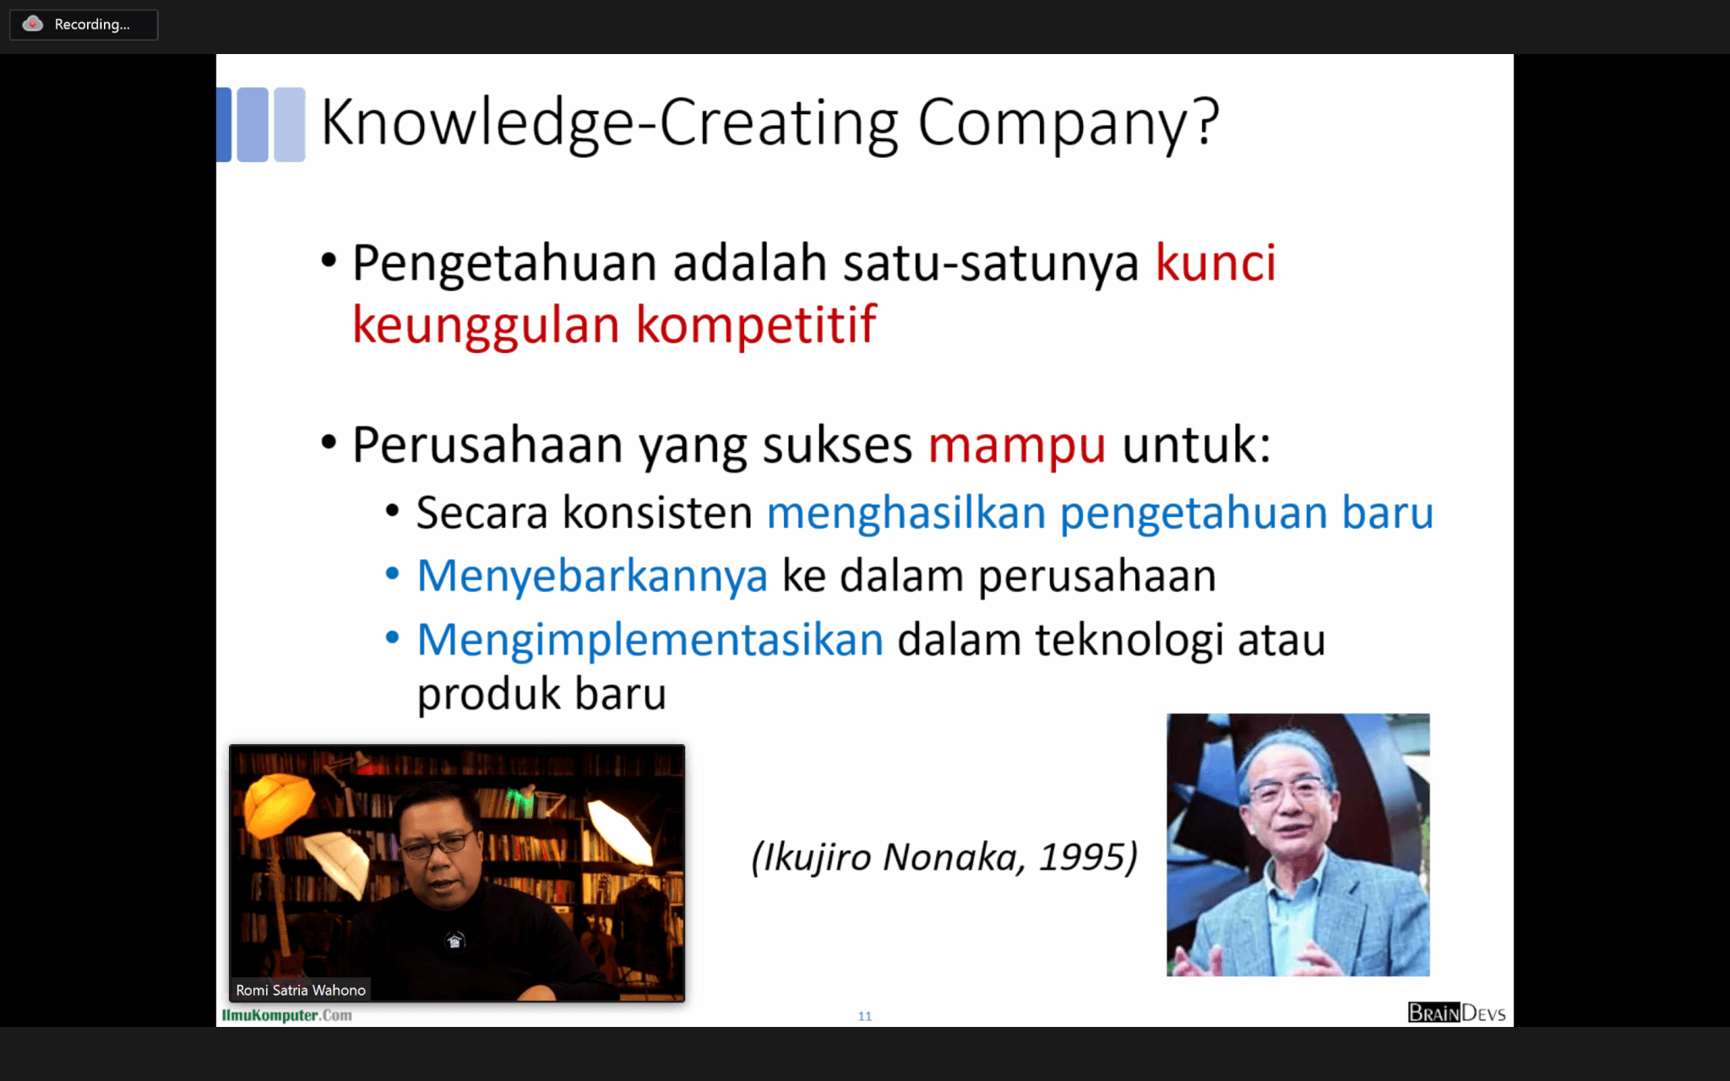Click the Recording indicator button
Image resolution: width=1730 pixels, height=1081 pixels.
tap(84, 24)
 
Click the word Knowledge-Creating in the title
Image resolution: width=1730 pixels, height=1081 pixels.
tap(609, 124)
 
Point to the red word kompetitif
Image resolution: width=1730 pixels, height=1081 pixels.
tap(756, 325)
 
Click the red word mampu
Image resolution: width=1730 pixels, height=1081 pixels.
tap(1017, 446)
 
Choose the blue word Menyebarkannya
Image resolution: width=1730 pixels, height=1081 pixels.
tap(592, 577)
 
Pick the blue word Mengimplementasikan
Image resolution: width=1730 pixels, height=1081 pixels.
tap(650, 640)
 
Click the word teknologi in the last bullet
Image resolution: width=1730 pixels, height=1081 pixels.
tap(1129, 640)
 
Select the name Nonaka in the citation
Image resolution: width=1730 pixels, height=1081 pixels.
tap(954, 857)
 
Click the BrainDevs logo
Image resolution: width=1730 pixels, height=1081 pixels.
tap(1456, 1013)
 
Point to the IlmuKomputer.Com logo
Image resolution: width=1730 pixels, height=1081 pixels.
tap(286, 1015)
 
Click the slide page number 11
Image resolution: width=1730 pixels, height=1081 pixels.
tap(864, 1016)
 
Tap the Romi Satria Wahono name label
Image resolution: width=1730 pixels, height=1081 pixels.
tap(301, 990)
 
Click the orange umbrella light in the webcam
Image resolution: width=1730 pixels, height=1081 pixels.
tap(278, 802)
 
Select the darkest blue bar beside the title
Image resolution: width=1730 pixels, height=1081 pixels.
tap(224, 124)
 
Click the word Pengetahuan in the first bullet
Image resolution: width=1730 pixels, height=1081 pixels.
tap(504, 263)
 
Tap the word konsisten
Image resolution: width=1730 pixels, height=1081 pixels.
tap(657, 513)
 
